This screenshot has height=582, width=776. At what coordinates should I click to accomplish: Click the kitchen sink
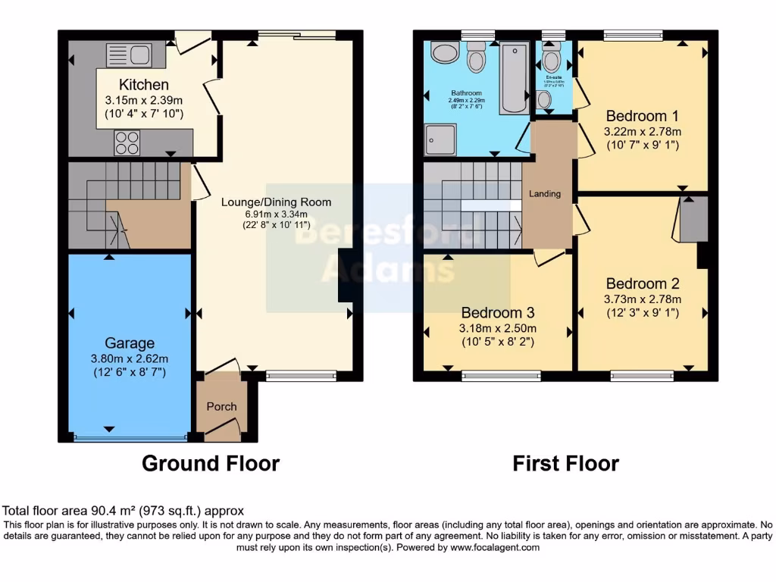pyautogui.click(x=130, y=55)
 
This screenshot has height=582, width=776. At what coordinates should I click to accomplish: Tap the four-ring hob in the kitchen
pyautogui.click(x=127, y=142)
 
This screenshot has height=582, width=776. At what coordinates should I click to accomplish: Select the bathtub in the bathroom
pyautogui.click(x=515, y=77)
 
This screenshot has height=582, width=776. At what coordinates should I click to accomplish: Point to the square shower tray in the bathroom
pyautogui.click(x=440, y=139)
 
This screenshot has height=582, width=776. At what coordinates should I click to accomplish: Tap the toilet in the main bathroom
pyautogui.click(x=477, y=58)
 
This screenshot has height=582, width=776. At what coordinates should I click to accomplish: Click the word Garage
pyautogui.click(x=130, y=343)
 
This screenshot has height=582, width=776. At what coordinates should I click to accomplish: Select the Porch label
pyautogui.click(x=222, y=406)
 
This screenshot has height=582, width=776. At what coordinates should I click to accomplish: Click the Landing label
pyautogui.click(x=545, y=194)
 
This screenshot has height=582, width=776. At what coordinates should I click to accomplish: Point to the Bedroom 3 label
pyautogui.click(x=498, y=312)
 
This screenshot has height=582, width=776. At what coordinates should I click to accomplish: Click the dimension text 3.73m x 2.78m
pyautogui.click(x=642, y=299)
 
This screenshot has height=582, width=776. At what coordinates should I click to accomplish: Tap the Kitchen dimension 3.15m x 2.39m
pyautogui.click(x=144, y=100)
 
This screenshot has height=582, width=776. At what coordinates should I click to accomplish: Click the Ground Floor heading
pyautogui.click(x=211, y=463)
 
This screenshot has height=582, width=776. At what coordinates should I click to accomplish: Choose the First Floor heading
pyautogui.click(x=565, y=463)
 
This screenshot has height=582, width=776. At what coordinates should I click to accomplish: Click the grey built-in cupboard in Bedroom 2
pyautogui.click(x=693, y=221)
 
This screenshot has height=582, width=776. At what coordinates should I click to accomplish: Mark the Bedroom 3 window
pyautogui.click(x=501, y=375)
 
